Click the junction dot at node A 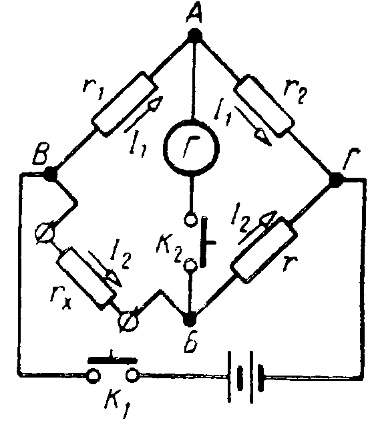pos(194,35)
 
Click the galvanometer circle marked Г pos(191,147)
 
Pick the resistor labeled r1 pos(124,104)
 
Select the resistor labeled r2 pos(264,105)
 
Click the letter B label pos(40,153)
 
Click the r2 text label pos(295,93)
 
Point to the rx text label pos(61,299)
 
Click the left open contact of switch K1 pos(93,376)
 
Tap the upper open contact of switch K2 pos(190,219)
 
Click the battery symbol pos(246,377)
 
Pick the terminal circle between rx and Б pos(128,321)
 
